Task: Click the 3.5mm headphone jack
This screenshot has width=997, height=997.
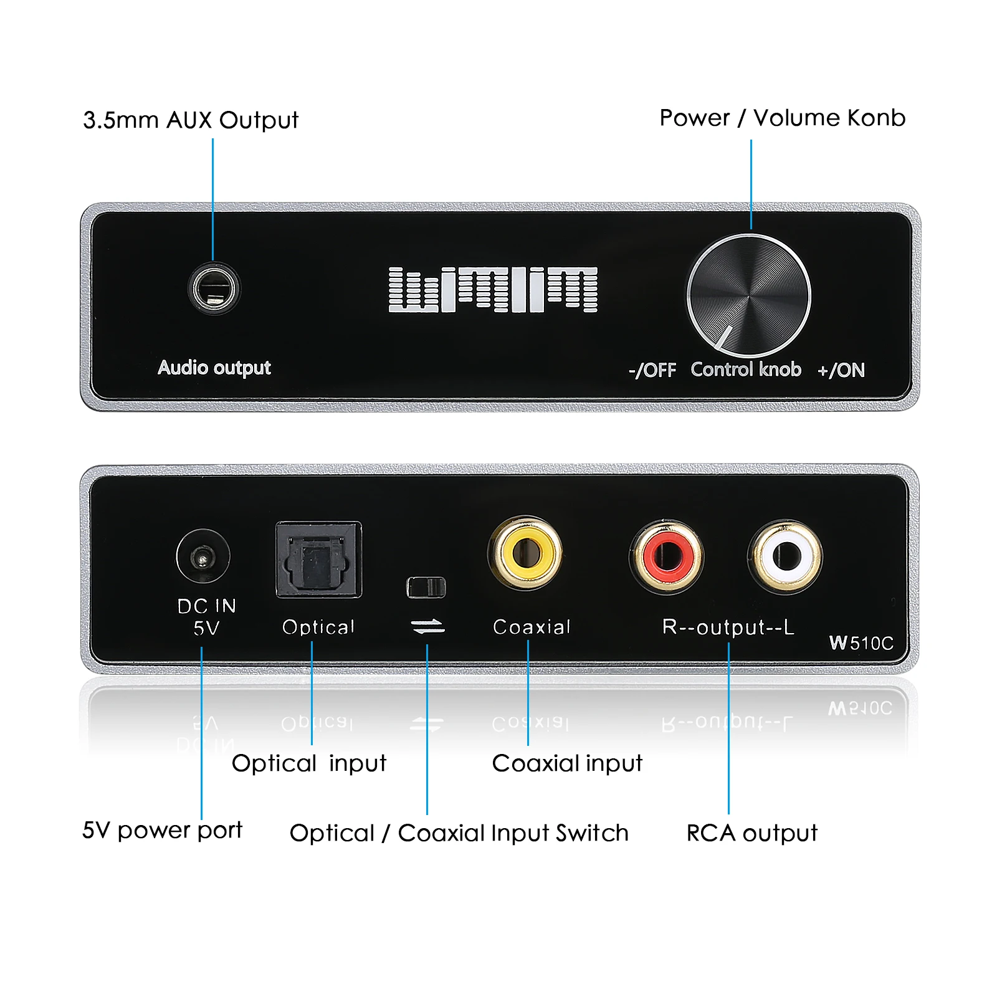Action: tap(213, 289)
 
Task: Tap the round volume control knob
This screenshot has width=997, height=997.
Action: tap(748, 296)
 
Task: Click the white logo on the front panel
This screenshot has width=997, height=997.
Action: tap(493, 290)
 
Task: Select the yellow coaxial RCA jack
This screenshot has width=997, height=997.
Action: tap(525, 552)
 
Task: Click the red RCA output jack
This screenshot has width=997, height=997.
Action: tap(667, 556)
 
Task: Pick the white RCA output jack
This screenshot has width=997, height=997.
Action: tap(785, 556)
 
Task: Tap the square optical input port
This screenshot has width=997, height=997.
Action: tap(318, 560)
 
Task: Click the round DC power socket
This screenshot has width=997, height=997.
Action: tap(203, 556)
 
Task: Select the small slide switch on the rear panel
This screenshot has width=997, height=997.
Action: tap(426, 587)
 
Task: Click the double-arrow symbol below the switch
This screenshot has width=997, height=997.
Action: tap(428, 626)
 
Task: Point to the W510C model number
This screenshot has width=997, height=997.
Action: tap(861, 643)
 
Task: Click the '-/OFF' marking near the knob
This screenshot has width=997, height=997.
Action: tap(652, 370)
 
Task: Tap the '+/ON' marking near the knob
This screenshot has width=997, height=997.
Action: tap(841, 370)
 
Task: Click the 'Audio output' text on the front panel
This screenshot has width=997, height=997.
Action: tap(214, 368)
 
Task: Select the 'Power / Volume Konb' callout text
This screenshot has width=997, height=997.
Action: tap(782, 118)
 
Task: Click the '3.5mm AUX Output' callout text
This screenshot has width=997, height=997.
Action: tap(191, 120)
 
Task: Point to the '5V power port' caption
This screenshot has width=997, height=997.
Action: tap(162, 830)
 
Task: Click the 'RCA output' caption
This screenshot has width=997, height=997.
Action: tap(751, 833)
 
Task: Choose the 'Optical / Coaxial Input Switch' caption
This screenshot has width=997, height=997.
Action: tap(459, 833)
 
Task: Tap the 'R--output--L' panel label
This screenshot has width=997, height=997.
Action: tap(728, 627)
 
